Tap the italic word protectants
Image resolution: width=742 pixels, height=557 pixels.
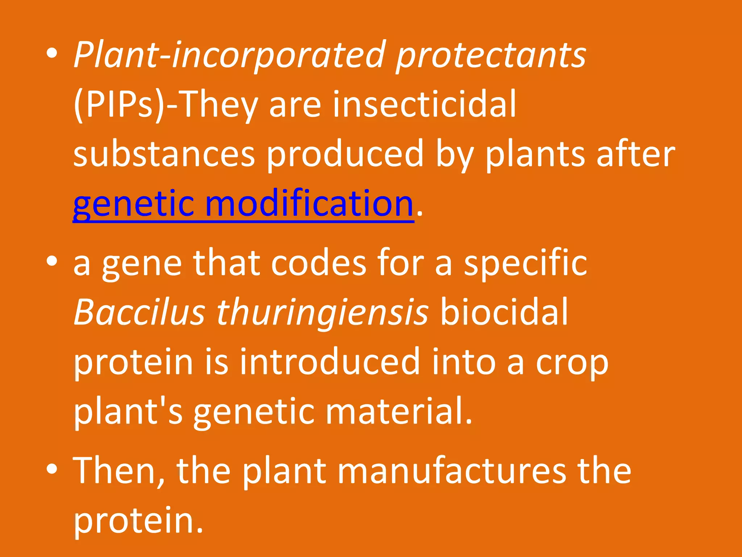pyautogui.click(x=491, y=55)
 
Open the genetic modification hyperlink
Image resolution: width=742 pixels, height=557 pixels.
pyautogui.click(x=243, y=204)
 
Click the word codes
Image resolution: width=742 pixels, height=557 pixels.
pyautogui.click(x=318, y=263)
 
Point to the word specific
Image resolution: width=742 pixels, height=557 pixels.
pyautogui.click(x=525, y=263)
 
